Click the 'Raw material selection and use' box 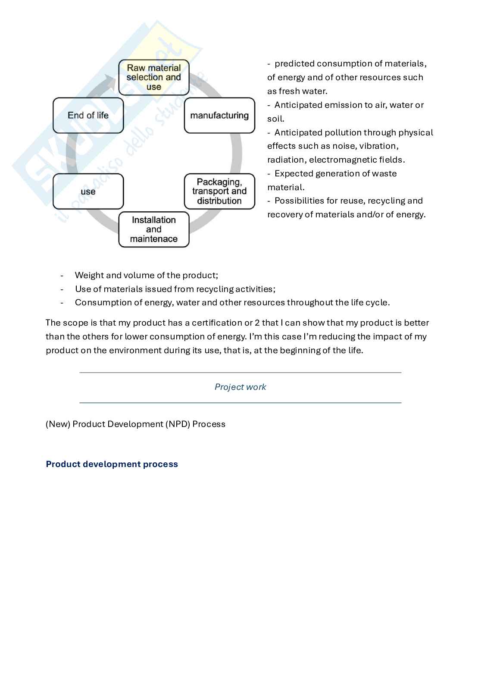point(154,77)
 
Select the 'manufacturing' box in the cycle point(219,116)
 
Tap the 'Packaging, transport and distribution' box point(219,191)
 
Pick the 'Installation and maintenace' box point(154,229)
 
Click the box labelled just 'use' point(88,191)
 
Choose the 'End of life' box point(88,116)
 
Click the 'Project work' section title point(240,387)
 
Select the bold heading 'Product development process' point(112,464)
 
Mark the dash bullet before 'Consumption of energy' point(62,303)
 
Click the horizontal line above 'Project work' point(240,373)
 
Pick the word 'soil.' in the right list point(276,119)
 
